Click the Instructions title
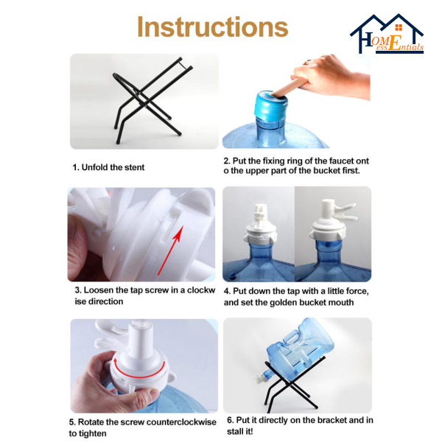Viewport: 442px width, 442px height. tap(213, 27)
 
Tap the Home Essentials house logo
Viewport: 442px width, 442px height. tap(387, 34)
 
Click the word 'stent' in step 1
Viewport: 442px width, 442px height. tap(133, 167)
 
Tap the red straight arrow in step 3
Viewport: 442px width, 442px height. tap(169, 250)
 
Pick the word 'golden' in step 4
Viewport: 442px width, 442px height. tap(284, 303)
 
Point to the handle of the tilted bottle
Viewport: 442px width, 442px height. tap(293, 337)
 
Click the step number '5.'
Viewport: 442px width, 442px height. tap(72, 422)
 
